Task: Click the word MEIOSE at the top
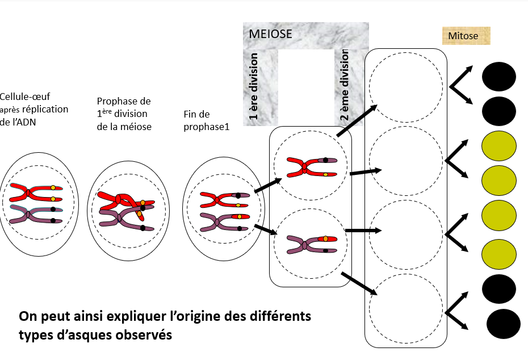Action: tap(271, 34)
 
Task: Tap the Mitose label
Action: tap(463, 37)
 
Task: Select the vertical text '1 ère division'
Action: tap(254, 88)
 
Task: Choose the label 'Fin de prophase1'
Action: tap(206, 120)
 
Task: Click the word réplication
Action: tap(46, 109)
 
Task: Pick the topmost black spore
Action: tap(498, 77)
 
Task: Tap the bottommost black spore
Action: tap(504, 324)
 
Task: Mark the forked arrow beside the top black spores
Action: tap(460, 86)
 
